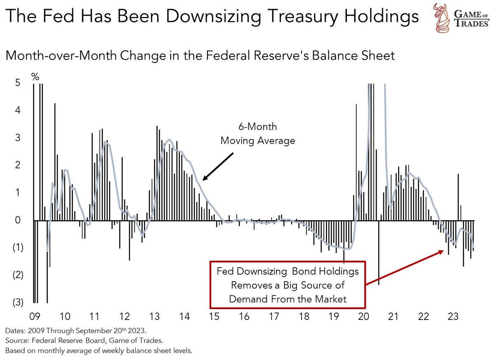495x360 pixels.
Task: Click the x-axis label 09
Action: [35, 317]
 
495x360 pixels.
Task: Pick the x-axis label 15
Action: [214, 317]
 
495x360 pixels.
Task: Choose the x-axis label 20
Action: [363, 317]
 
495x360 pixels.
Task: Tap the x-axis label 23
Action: [453, 317]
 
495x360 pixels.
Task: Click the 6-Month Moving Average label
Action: [258, 134]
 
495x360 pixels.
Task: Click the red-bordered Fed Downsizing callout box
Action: [288, 285]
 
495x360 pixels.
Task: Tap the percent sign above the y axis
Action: [35, 77]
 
